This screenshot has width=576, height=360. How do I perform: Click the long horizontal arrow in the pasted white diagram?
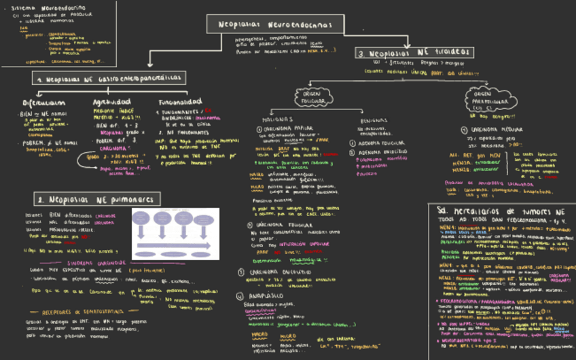click(x=174, y=247)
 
